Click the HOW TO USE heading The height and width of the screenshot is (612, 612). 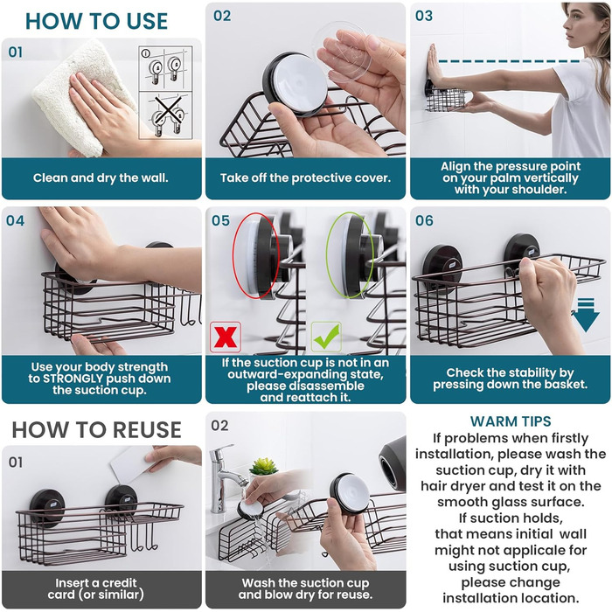[x=96, y=21]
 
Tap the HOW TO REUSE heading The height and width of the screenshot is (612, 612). [x=96, y=430]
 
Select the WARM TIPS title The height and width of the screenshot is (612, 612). [x=511, y=421]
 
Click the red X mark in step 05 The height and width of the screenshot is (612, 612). [x=226, y=337]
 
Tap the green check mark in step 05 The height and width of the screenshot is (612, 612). [x=326, y=337]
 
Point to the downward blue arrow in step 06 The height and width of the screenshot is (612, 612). [x=586, y=315]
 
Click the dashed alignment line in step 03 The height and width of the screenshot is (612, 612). [x=510, y=61]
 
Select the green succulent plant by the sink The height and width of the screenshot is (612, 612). [x=264, y=466]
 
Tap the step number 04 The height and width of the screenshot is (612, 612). [x=15, y=220]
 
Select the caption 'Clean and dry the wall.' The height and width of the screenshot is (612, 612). [x=101, y=178]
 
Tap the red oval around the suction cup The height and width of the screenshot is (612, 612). [x=255, y=255]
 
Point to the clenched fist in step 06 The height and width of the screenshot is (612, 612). [x=546, y=285]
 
